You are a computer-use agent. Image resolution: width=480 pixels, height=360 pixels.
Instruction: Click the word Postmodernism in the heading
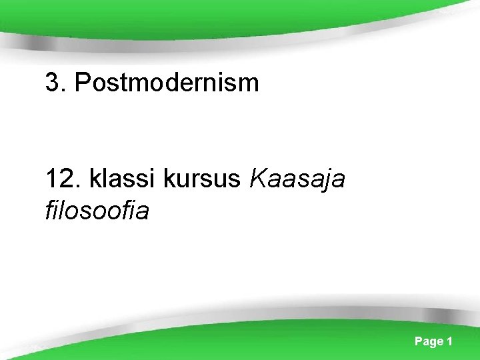tap(167, 83)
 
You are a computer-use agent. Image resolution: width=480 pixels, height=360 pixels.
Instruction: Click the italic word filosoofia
tap(97, 211)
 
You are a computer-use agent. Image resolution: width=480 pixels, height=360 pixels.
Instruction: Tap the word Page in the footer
tap(429, 341)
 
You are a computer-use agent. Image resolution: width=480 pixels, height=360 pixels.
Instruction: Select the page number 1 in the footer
tap(450, 341)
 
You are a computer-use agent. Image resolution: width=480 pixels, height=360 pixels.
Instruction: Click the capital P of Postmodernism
tap(82, 83)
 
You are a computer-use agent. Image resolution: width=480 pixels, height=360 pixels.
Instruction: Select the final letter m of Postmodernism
tap(249, 83)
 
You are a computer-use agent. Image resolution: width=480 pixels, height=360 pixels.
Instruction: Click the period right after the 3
tap(64, 91)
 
